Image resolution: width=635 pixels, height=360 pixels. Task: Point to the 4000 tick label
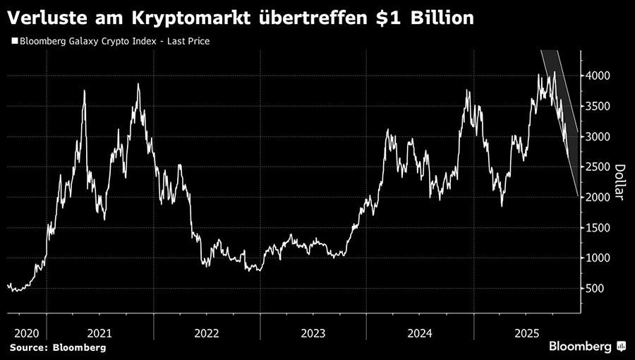click(x=596, y=76)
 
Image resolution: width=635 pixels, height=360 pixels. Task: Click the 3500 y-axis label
click(x=596, y=107)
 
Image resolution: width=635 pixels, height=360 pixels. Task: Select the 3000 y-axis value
click(x=596, y=137)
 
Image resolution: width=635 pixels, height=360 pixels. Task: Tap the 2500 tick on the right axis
click(x=596, y=167)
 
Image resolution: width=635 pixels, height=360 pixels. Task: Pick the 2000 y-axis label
click(x=596, y=198)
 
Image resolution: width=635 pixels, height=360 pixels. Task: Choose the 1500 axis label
click(x=596, y=228)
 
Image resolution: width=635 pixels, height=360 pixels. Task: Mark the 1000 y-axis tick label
click(x=596, y=258)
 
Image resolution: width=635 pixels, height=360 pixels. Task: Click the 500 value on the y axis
click(x=593, y=289)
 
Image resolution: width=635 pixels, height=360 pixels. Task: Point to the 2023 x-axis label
click(x=313, y=332)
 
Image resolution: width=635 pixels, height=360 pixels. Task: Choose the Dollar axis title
click(x=619, y=183)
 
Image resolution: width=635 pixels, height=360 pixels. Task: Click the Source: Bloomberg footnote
click(x=57, y=347)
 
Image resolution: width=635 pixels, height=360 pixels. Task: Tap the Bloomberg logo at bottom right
click(x=586, y=346)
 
